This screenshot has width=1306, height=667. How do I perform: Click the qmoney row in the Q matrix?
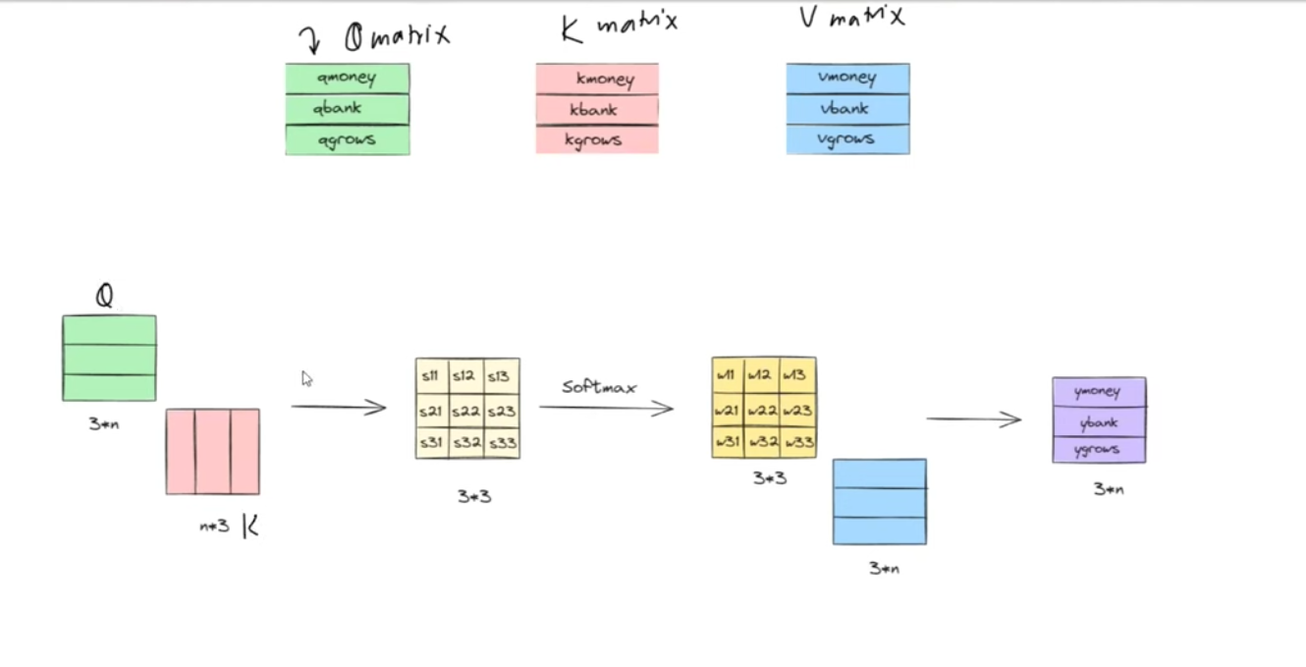tap(347, 78)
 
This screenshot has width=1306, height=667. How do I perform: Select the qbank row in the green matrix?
tap(347, 109)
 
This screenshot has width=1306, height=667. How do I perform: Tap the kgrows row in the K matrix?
tap(596, 140)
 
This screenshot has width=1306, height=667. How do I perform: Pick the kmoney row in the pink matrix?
tap(596, 79)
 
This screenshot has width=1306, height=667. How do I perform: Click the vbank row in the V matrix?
tap(847, 109)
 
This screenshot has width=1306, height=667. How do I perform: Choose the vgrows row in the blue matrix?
tap(847, 139)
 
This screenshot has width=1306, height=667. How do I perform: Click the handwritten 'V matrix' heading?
tap(850, 18)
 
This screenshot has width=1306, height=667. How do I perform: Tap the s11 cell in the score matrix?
tap(432, 375)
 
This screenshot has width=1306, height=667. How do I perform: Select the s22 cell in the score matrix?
tap(466, 410)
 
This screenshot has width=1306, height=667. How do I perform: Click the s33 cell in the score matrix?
tap(502, 443)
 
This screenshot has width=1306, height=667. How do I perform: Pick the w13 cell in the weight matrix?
tap(798, 374)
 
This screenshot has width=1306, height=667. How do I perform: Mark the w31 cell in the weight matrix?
tap(728, 442)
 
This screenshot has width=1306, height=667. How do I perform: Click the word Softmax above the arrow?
tap(599, 387)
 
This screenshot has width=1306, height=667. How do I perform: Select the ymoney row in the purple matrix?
tap(1098, 392)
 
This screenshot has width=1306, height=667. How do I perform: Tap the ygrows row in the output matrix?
tap(1098, 450)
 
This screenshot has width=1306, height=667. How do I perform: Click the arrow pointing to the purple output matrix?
tap(974, 419)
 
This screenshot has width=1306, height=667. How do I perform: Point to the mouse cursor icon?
tap(306, 379)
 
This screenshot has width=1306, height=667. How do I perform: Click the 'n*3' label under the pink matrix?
tap(214, 526)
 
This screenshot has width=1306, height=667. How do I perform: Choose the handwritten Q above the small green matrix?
tap(104, 295)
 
